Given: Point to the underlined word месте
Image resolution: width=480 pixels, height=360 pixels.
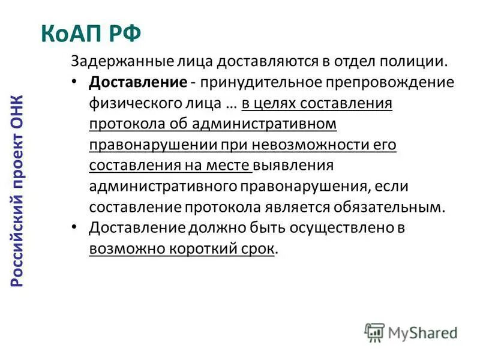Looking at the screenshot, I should tap(230, 165).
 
